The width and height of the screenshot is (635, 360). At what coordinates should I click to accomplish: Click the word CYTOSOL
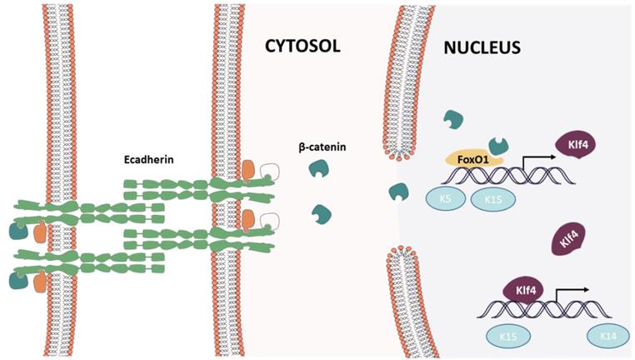pyautogui.click(x=303, y=45)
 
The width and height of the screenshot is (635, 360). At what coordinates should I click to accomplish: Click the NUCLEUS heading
pyautogui.click(x=481, y=47)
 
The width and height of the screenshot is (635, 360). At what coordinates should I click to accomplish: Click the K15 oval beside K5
pyautogui.click(x=492, y=200)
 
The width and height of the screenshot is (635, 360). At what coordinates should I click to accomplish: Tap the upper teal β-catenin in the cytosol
pyautogui.click(x=317, y=170)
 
